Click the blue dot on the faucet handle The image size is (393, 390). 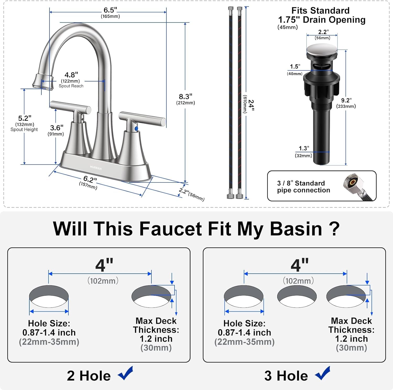click(136, 128)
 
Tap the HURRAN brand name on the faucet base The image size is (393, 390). click(96, 168)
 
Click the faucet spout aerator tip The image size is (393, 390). click(42, 82)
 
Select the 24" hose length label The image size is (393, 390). click(251, 105)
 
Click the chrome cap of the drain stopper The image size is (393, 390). click(322, 50)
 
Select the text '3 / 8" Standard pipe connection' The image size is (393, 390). click(303, 187)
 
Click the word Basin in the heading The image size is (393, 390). click(296, 229)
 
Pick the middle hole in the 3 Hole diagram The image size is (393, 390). click(297, 296)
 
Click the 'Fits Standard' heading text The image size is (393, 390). click(320, 10)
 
